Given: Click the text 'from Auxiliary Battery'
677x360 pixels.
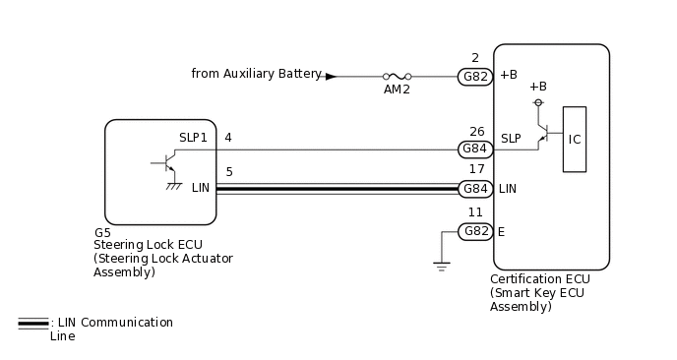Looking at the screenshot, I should click(x=256, y=74).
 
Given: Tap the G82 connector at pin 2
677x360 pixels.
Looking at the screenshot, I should click(x=476, y=75).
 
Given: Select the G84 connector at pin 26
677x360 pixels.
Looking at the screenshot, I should click(x=476, y=150).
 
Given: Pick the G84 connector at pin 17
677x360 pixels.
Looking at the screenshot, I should click(x=476, y=188).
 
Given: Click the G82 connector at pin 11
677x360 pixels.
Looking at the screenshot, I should click(x=476, y=231).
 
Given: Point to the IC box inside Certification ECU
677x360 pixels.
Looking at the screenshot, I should click(x=575, y=139).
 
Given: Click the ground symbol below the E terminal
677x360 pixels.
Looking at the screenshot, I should click(x=441, y=264).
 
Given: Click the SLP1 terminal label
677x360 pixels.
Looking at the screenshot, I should click(x=193, y=138).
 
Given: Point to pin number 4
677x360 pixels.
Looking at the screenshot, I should click(x=228, y=137).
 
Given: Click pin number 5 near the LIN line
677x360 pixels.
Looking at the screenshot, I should click(x=228, y=172).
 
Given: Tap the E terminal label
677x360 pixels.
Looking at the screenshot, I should click(x=502, y=231).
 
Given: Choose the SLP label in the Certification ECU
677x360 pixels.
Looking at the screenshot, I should click(x=510, y=138).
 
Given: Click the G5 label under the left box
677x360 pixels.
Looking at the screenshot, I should click(x=102, y=233).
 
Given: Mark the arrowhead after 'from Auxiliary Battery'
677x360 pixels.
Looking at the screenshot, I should click(x=331, y=75).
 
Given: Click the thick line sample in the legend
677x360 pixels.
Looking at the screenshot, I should click(x=32, y=323).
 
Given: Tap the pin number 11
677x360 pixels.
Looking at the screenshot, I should click(x=475, y=211).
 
